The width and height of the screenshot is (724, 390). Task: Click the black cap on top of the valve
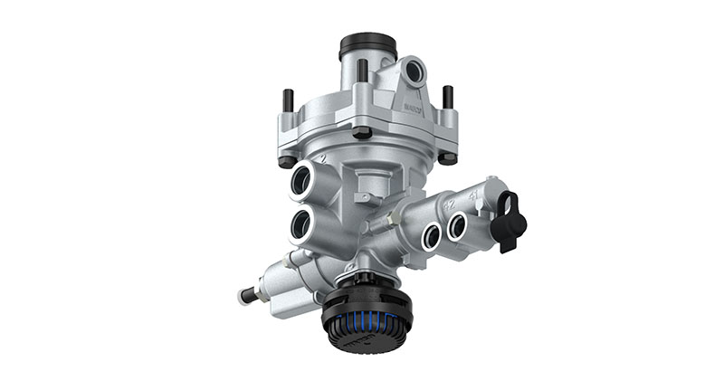point(367,45)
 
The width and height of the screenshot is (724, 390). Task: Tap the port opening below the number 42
point(433,237)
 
